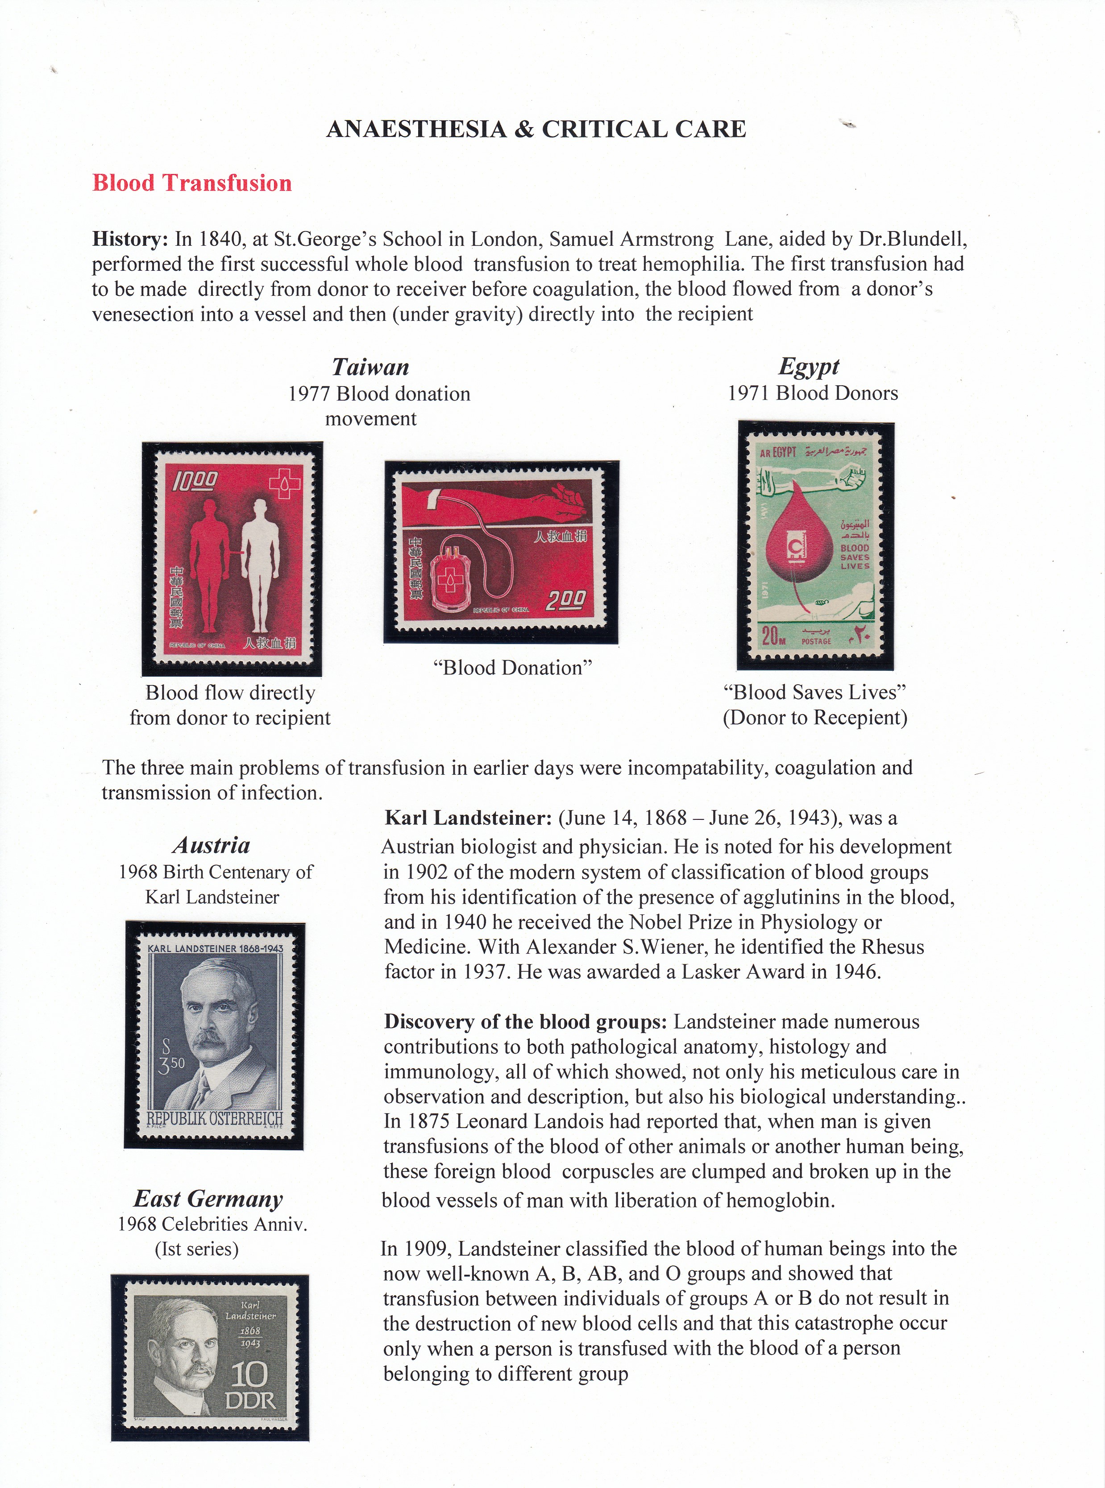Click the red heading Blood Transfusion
[x=192, y=183]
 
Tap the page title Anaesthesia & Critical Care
[x=536, y=129]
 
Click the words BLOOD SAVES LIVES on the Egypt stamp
[x=855, y=556]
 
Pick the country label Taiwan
[x=370, y=367]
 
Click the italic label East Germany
[x=208, y=1199]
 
